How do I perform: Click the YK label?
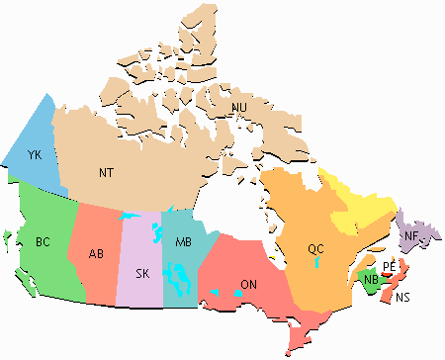coord(35,155)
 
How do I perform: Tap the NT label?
coord(107,172)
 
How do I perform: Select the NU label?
coord(239,107)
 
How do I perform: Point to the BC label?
coord(43,240)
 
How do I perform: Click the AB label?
coord(96,253)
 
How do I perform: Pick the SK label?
coord(142,273)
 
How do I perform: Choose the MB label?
coord(183,243)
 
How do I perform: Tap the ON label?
coord(249,285)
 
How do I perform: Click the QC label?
coord(314,248)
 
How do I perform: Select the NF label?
coord(410,235)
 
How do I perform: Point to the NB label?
coord(371,280)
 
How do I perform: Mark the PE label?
coord(389,267)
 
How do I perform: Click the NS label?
coord(401,298)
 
